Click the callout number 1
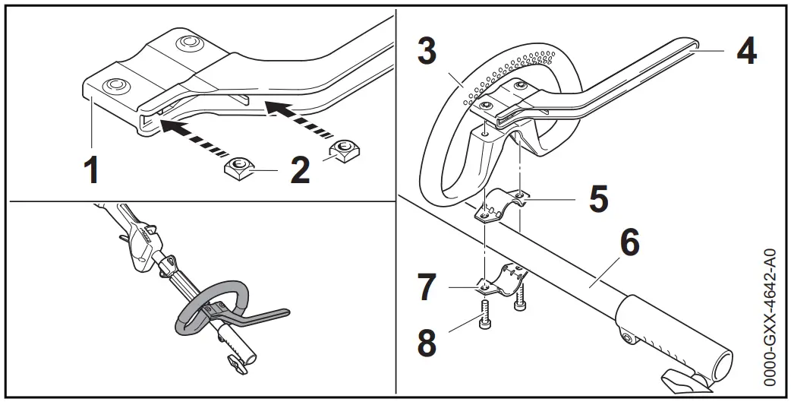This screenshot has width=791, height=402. coord(91,169)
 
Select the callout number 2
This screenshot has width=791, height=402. coord(301,169)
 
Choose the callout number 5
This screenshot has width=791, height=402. coord(599,199)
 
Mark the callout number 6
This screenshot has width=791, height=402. coord(630,243)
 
